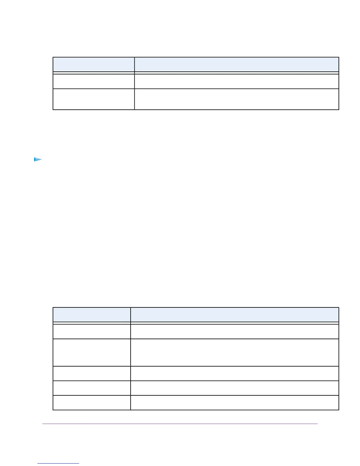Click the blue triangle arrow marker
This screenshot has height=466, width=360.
coord(38,159)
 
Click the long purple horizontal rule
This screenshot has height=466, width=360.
coord(180,424)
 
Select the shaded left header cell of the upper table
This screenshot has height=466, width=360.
coord(94,64)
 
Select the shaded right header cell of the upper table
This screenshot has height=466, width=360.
coord(236,64)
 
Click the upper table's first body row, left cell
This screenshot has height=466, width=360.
coord(94,81)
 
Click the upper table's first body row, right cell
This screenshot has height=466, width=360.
coord(236,81)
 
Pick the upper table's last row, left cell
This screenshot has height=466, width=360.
coord(94,99)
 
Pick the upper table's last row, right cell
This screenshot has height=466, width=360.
coord(236,99)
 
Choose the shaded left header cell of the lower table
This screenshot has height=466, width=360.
coord(91,315)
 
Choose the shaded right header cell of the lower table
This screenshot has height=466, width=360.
coord(234,315)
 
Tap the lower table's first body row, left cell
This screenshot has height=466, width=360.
coord(91,332)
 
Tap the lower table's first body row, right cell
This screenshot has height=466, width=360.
coord(234,332)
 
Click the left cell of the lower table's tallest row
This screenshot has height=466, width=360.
coord(91,352)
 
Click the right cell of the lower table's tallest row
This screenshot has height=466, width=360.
coord(234,352)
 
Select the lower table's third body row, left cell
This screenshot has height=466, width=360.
coord(91,373)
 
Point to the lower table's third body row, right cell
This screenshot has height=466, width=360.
coord(234,373)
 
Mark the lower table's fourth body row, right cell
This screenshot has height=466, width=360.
coord(234,388)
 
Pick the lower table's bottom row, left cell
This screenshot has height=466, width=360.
coord(91,402)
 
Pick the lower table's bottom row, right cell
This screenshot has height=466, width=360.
coord(234,402)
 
